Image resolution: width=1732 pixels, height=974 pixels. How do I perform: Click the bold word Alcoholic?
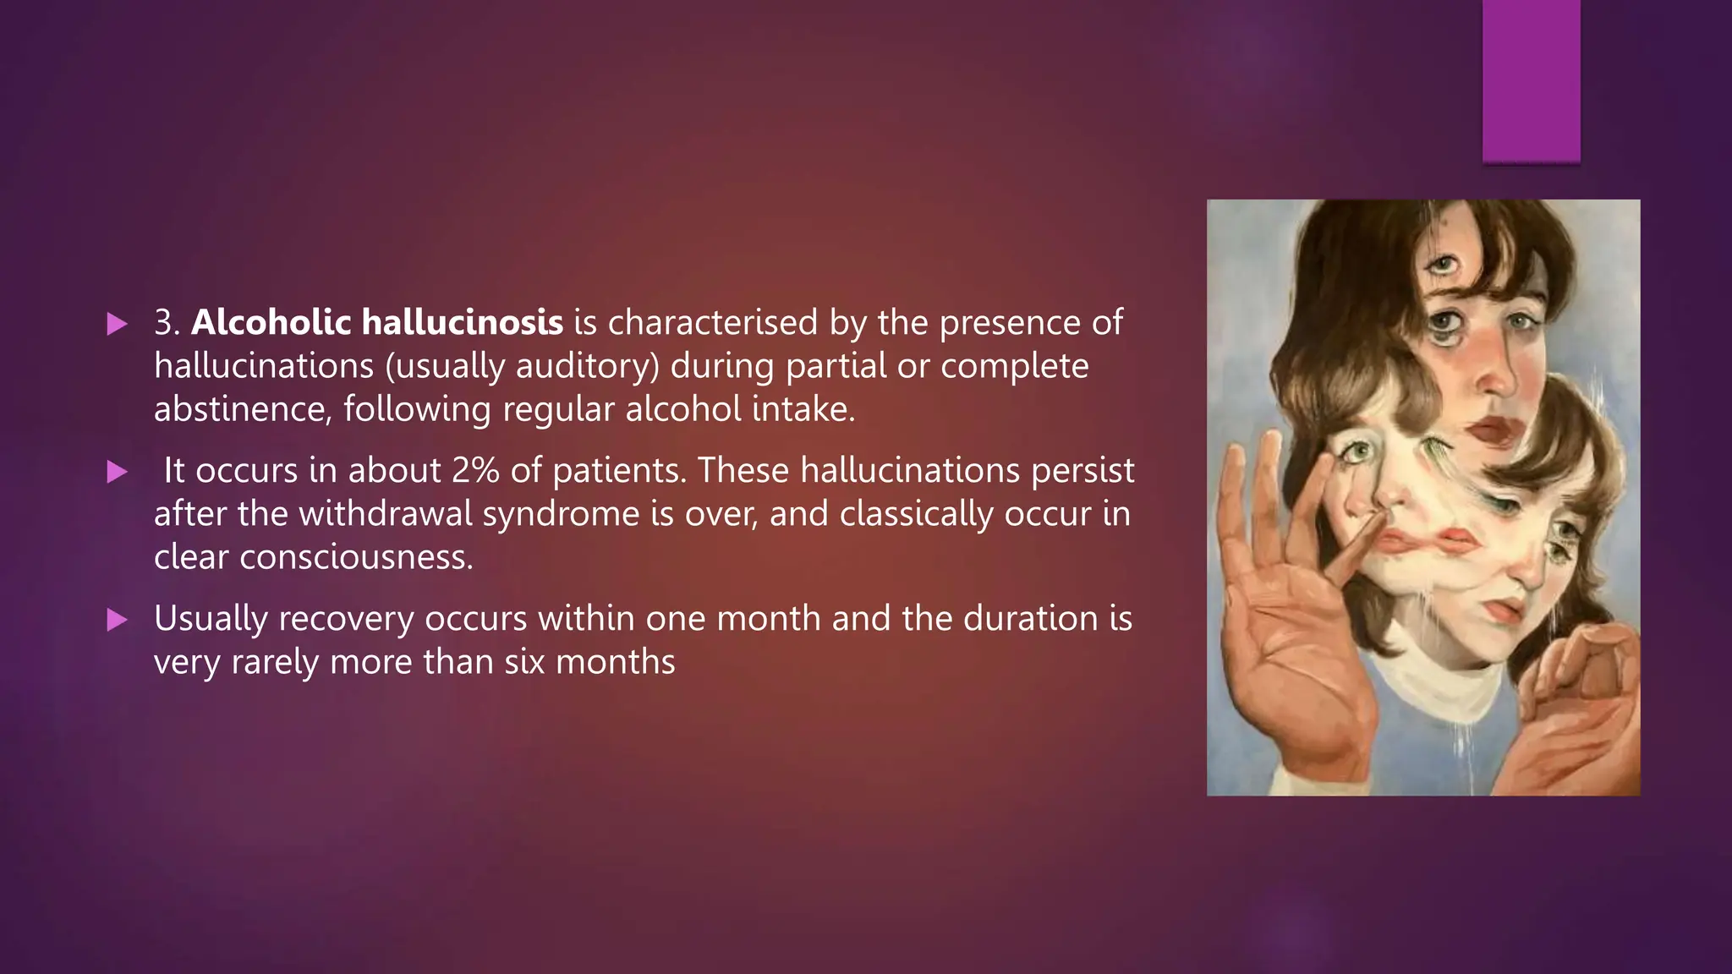point(271,322)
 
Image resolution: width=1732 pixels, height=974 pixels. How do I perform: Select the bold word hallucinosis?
point(462,322)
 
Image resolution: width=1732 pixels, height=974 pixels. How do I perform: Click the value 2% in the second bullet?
point(475,470)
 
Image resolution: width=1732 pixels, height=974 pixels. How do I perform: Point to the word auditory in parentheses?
point(584,366)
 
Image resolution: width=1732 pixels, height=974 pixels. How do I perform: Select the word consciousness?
point(355,557)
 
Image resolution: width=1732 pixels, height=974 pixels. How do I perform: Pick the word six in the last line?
point(524,662)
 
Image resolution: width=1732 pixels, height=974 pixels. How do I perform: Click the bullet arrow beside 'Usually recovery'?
point(117,621)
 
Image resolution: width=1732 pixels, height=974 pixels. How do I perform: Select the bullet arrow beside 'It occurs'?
point(117,472)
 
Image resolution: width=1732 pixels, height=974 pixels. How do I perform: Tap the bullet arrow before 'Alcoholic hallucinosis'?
point(117,324)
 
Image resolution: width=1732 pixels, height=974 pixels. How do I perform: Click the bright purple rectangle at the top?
point(1531,80)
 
